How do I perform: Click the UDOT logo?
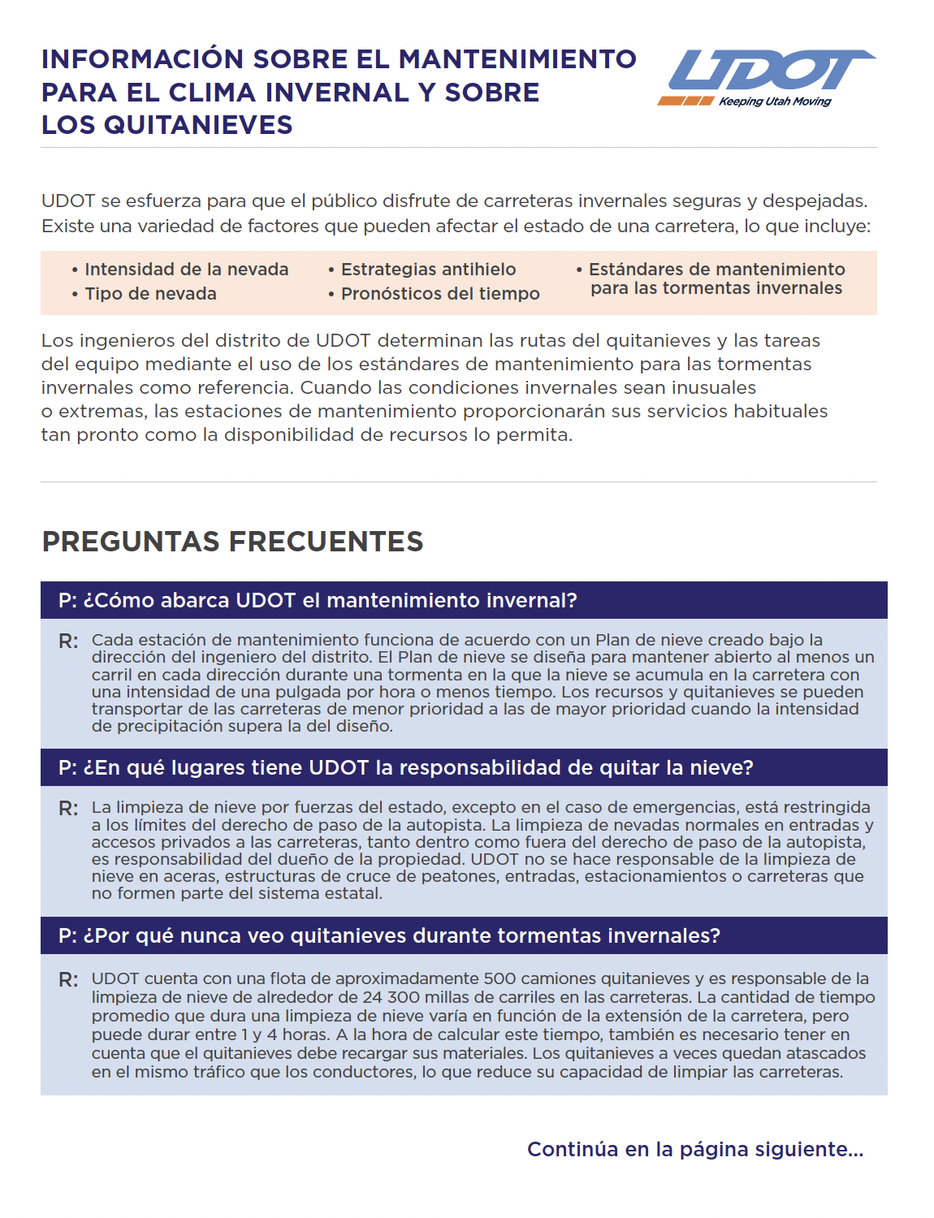click(768, 71)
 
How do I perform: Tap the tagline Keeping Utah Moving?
click(775, 101)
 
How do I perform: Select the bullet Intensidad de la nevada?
click(186, 269)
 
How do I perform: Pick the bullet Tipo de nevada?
click(150, 293)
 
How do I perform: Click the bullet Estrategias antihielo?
click(428, 269)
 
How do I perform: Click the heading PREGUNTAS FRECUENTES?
click(232, 542)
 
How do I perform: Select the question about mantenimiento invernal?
click(318, 600)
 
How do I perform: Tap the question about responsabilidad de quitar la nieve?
click(406, 767)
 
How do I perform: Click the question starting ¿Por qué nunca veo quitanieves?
click(389, 935)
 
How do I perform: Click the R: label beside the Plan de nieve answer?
click(68, 641)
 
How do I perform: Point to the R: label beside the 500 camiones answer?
click(68, 980)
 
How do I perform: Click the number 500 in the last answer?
click(499, 978)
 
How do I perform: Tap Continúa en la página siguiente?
click(695, 1149)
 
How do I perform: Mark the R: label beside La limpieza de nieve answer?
click(68, 809)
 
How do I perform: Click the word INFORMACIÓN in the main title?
click(142, 59)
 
